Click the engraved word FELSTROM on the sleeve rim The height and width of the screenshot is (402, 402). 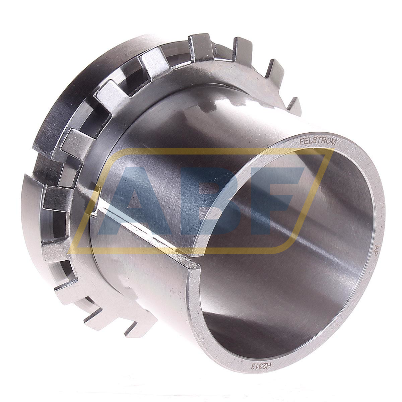click(x=317, y=141)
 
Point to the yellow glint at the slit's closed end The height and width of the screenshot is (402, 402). click(x=97, y=191)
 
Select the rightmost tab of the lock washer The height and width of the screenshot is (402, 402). click(x=295, y=106)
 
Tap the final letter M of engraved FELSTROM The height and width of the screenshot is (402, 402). click(x=333, y=142)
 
